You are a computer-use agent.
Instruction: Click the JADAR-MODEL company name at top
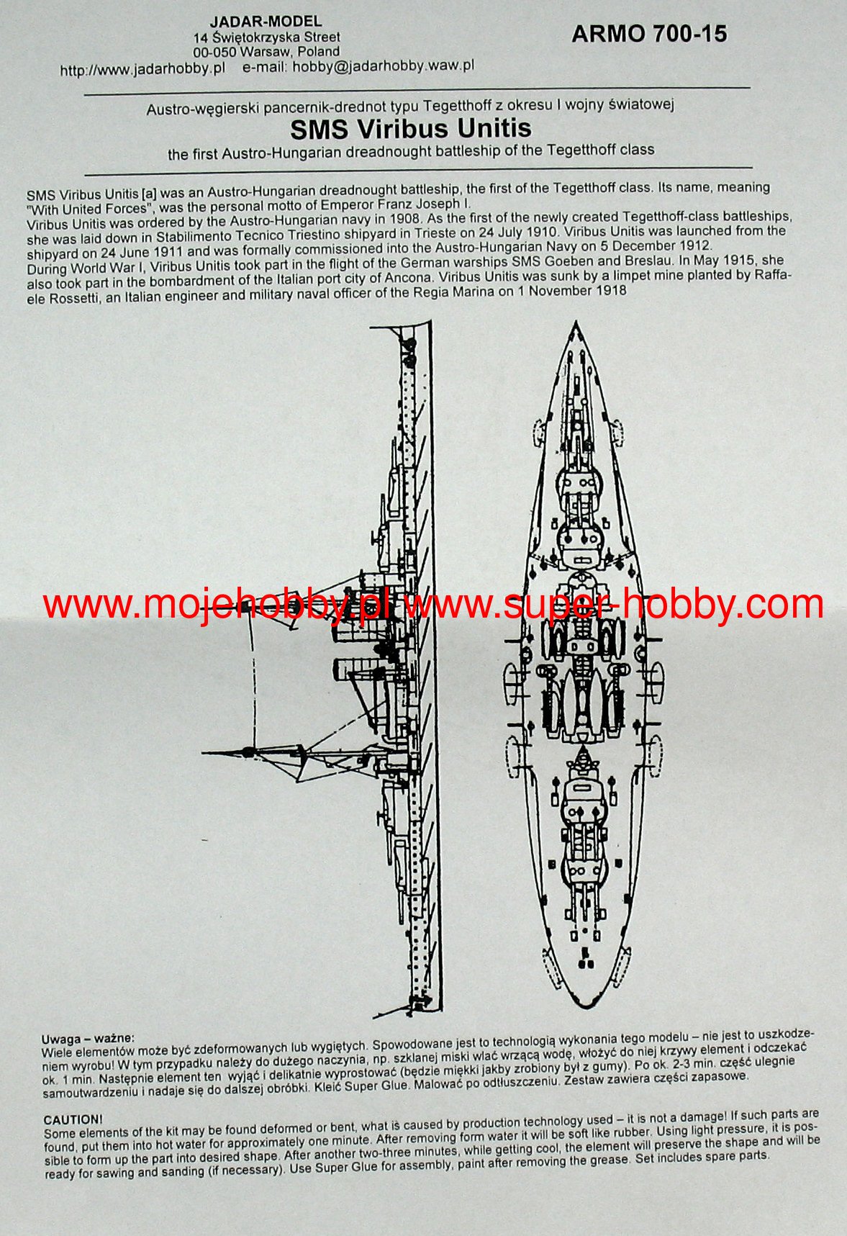[266, 22]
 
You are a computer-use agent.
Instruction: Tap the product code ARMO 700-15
[649, 34]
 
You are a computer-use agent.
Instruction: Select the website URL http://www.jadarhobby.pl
[142, 69]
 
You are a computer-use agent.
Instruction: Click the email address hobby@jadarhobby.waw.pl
[383, 66]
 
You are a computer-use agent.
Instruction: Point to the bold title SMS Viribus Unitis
[411, 129]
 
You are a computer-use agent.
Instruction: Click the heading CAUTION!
[73, 1120]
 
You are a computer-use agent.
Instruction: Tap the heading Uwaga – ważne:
[88, 1039]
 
